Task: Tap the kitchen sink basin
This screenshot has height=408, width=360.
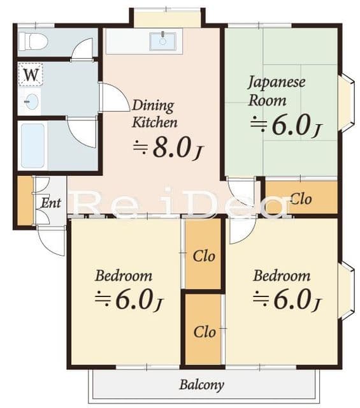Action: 163,41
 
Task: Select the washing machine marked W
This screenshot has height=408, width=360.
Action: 31,75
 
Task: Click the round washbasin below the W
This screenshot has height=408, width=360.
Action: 31,101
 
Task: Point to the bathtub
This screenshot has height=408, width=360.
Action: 32,146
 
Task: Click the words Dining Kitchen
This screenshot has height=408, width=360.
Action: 155,113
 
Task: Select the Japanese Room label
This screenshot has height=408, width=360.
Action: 277,91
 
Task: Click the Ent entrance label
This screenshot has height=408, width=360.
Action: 51,203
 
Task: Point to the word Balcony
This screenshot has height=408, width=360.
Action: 201,385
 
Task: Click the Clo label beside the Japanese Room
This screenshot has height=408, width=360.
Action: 301,199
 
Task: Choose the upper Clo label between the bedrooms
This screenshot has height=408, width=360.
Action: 204,256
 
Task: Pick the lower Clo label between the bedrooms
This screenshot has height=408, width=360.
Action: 205,332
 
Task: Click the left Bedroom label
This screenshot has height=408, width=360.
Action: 124,276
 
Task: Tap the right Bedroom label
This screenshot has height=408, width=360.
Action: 282,276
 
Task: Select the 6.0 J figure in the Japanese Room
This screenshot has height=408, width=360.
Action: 286,126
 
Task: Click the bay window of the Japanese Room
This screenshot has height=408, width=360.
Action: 347,103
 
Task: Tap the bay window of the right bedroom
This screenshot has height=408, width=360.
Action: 347,291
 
